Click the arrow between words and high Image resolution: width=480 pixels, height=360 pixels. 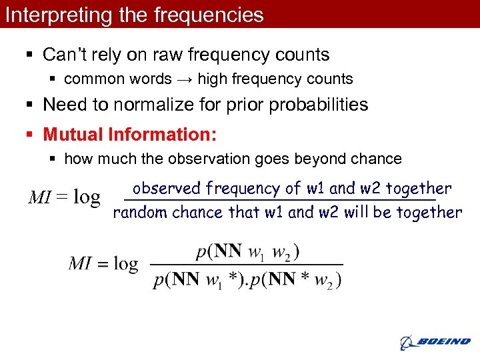(185, 79)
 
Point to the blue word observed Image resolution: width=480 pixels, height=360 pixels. (167, 189)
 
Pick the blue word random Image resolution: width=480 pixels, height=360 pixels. (140, 213)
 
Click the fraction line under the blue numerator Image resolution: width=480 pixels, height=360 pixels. (280, 200)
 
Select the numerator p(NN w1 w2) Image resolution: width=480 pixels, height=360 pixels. (247, 253)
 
